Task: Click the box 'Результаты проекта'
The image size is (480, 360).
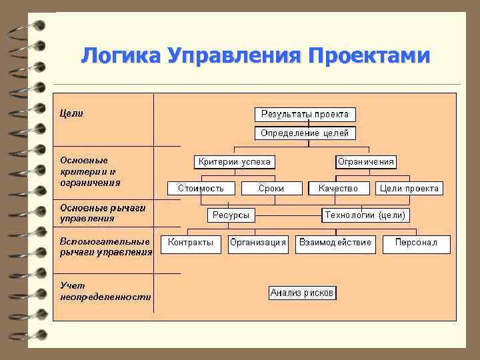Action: pos(305,114)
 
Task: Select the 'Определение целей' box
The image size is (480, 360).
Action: pos(305,133)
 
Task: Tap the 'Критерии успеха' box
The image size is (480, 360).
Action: pos(234,162)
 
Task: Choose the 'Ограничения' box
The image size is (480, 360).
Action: pos(366,162)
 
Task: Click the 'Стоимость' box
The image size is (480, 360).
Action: pos(201,189)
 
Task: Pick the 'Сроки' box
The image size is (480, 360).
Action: pos(271,189)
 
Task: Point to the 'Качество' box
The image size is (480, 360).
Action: pos(338,189)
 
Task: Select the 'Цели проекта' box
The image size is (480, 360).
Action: pos(409,189)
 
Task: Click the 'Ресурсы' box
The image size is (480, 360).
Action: pos(231,215)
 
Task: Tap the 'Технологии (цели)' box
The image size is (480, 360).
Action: pos(365,215)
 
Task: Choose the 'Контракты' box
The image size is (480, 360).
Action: pos(191,243)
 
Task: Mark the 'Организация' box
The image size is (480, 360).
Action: pos(258,243)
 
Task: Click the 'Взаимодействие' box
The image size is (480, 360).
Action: pos(335,243)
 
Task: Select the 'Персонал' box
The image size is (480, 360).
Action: pos(416,243)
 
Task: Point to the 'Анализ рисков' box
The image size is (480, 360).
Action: pos(303,293)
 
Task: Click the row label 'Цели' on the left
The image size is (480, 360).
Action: pos(72,113)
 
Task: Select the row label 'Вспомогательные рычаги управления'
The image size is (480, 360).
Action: pos(105,246)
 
